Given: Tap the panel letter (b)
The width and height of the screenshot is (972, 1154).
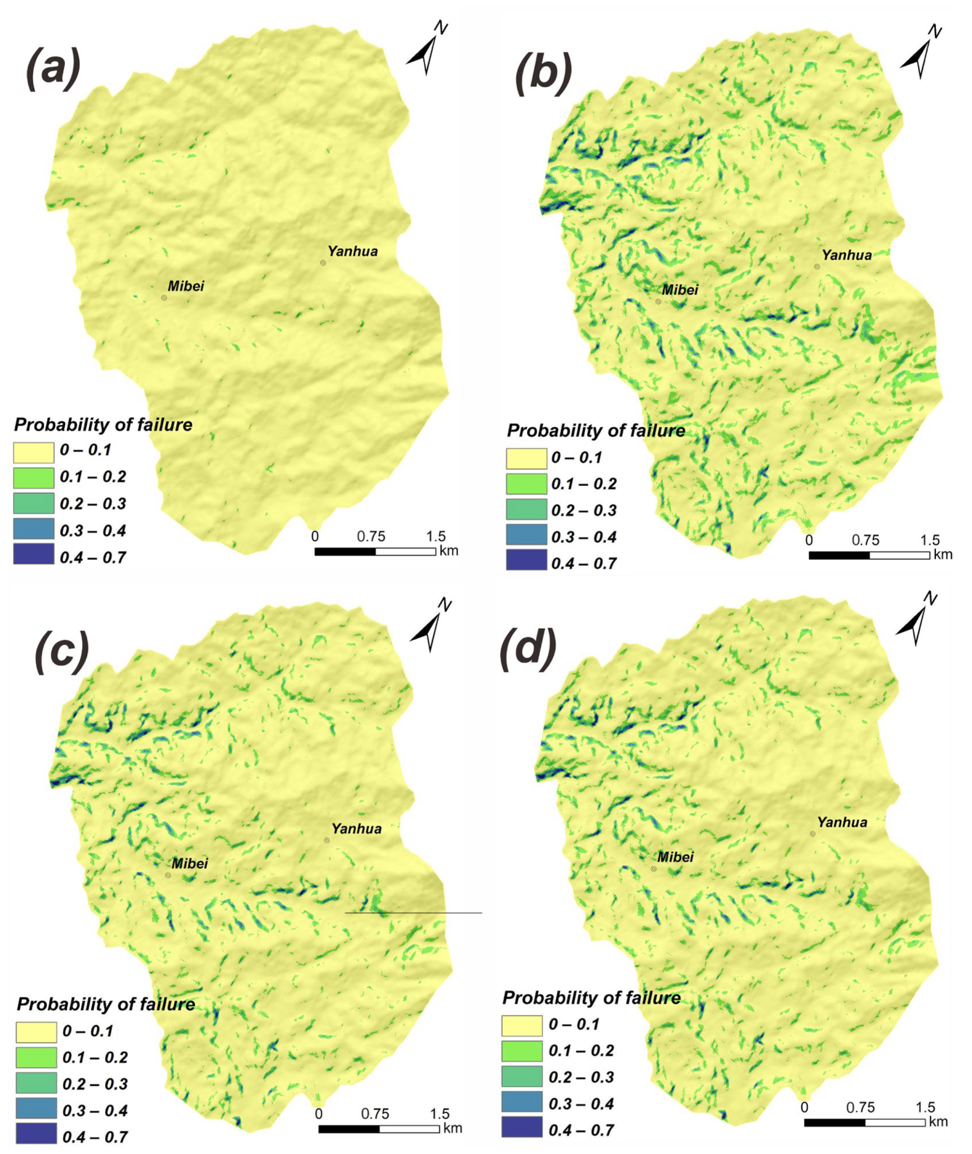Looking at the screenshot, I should pos(543,73).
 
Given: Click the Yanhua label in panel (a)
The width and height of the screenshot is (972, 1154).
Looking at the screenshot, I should pos(352,251).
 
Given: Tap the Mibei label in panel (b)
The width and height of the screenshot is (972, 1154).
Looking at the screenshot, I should pos(680,290).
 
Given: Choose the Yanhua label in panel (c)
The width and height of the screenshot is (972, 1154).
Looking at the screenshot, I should pos(356,828).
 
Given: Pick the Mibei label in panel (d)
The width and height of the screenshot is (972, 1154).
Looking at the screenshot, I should pos(675,857).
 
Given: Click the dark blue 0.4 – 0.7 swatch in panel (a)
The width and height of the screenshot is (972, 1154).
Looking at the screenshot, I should pos(34,554).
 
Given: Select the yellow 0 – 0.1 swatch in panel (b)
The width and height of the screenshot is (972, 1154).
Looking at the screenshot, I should pos(526,458).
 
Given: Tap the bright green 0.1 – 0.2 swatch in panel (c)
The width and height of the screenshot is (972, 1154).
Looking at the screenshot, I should pos(36,1057).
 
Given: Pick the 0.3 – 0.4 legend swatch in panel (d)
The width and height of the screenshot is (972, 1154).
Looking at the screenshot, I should pos(522,1104).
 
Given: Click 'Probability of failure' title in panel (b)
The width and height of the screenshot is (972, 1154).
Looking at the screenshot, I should pos(596,431).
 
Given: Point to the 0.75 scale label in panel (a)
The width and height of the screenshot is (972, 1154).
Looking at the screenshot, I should pos(371,536).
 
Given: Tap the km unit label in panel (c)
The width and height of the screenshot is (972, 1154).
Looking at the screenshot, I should pos(453,1128).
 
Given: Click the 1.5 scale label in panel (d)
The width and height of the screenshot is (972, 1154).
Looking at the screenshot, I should pos(925,1107).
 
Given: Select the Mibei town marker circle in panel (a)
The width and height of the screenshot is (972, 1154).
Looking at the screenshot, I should pos(164,298).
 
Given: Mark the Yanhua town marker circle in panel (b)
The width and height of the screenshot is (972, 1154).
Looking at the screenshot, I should pos(817,267).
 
